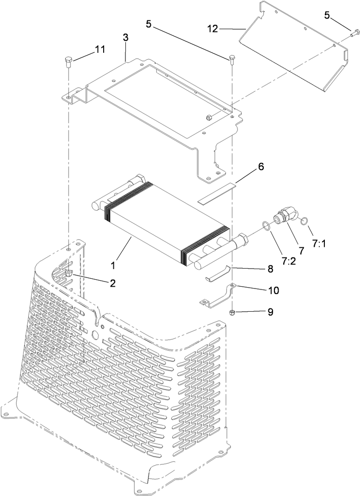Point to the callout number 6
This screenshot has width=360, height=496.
coord(261,167)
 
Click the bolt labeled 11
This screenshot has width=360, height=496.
coord(68,60)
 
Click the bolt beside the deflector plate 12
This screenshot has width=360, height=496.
coord(354,33)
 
